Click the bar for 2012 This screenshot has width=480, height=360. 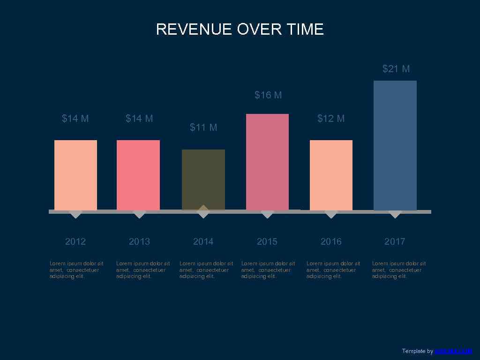[x=75, y=175]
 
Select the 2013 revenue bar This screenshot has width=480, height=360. [x=138, y=175]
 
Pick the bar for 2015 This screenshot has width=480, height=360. [x=267, y=162]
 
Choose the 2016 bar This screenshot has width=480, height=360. [x=331, y=175]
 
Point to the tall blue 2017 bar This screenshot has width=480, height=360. [x=395, y=145]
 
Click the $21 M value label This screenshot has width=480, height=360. [x=396, y=69]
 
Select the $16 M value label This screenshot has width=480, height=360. [x=268, y=95]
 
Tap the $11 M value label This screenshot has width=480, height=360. [x=203, y=127]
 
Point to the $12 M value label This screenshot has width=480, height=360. [x=331, y=119]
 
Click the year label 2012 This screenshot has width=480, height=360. [x=75, y=241]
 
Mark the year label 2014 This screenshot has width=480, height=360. [x=203, y=241]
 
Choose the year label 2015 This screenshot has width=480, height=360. [x=267, y=241]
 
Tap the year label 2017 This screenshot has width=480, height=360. [x=395, y=241]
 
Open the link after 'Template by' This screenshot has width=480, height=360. [x=453, y=351]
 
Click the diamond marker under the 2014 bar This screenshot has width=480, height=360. [x=203, y=211]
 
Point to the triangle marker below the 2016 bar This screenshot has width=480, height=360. [x=331, y=215]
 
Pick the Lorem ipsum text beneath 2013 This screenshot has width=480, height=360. [x=143, y=270]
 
